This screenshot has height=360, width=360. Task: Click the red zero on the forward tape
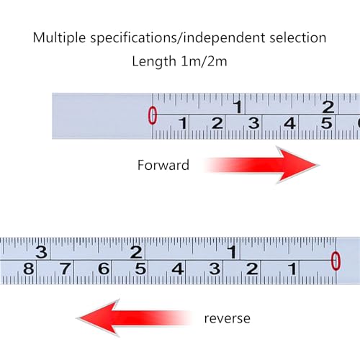pos(152,115)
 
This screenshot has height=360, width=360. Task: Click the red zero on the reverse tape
pos(336,261)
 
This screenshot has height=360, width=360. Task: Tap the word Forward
pos(163,165)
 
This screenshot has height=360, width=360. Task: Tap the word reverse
pos(227,318)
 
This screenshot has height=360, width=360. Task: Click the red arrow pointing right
pos(261,165)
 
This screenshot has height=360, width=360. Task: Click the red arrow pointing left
pos(135,318)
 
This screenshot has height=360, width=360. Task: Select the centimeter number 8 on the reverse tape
pos(29,269)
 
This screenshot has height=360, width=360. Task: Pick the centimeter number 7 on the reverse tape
pos(66,269)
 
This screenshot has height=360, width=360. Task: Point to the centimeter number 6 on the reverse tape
pos(104,269)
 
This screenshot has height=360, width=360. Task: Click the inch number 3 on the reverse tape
pos(42,252)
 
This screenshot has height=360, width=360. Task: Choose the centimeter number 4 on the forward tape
pos(289,123)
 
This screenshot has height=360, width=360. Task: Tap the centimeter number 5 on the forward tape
pos(327,123)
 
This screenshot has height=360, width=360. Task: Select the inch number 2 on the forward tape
pos(328,107)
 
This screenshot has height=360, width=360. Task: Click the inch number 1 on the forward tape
pos(238,107)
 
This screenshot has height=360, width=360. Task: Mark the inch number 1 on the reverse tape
pos(233,252)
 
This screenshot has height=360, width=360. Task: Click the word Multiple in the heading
pos(59,38)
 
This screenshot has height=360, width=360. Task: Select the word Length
pos(154,61)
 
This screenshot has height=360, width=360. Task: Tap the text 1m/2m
pos(204,61)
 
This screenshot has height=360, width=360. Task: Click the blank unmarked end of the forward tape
pos(102,116)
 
